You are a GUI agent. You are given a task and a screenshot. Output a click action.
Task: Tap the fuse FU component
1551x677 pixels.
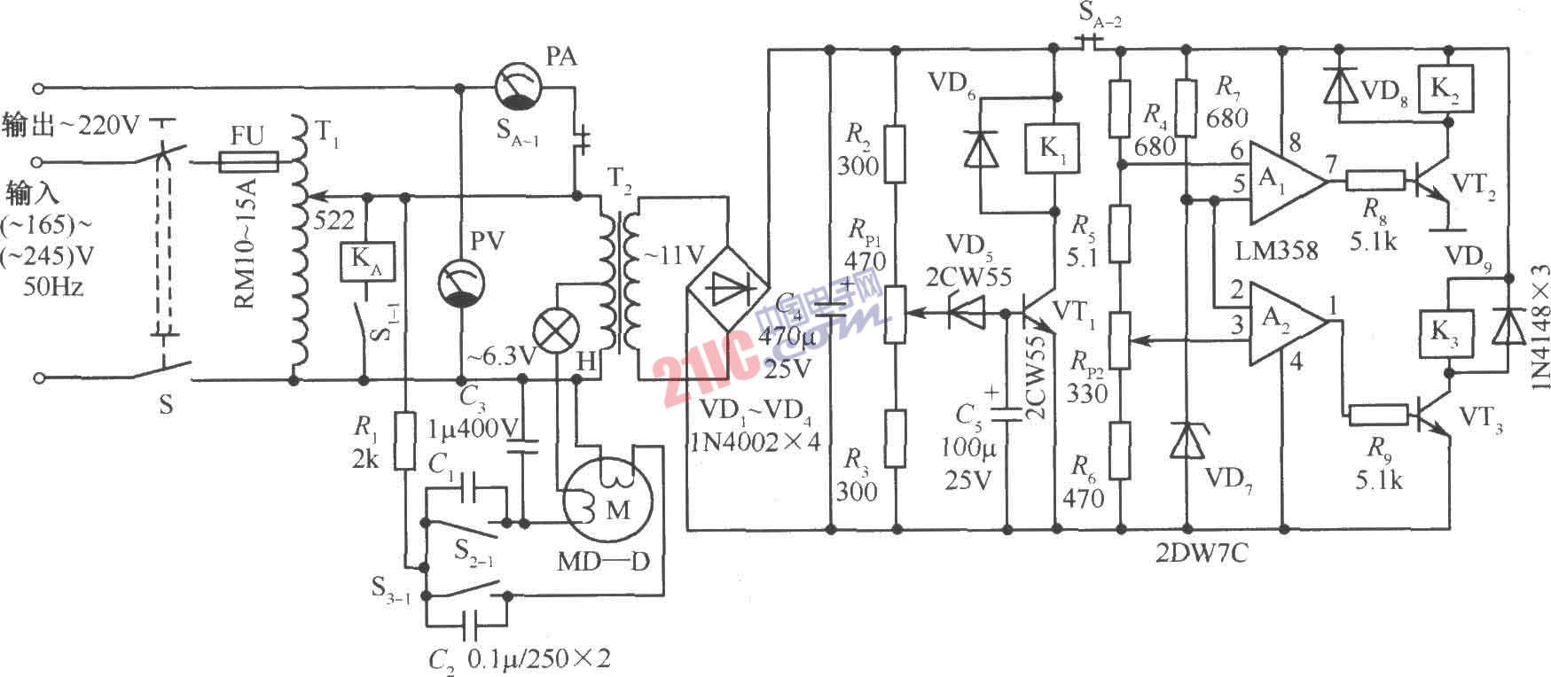[x=247, y=162]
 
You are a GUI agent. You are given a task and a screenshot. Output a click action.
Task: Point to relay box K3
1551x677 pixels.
[x=1447, y=332]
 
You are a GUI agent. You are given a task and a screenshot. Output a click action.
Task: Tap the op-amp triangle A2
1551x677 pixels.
[x=1283, y=323]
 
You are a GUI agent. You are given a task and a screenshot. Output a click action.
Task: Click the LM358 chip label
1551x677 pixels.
[x=1277, y=251]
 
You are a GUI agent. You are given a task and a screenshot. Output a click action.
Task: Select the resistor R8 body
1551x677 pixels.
[x=1375, y=182]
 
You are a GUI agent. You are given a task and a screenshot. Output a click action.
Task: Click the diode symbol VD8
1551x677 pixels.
[x=1338, y=85]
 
